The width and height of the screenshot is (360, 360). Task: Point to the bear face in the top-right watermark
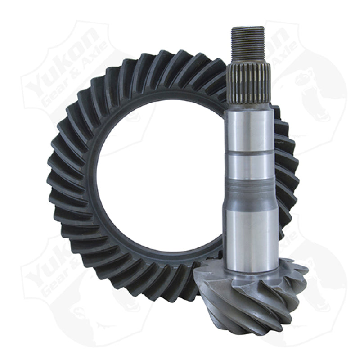[x=319, y=90]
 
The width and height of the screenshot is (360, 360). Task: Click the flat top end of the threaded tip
[x=247, y=28]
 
